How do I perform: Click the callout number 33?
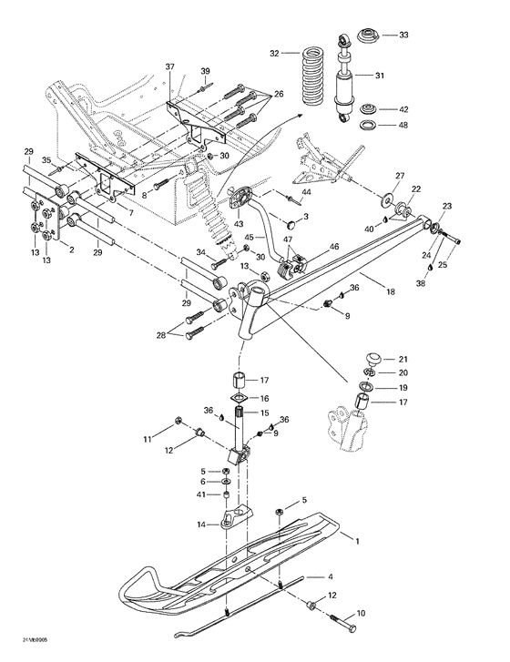404,36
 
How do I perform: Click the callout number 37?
169,68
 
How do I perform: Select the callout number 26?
279,94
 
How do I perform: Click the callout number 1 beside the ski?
357,542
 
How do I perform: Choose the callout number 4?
331,576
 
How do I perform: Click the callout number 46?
334,247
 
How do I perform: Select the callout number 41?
203,494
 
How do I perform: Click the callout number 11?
148,440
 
